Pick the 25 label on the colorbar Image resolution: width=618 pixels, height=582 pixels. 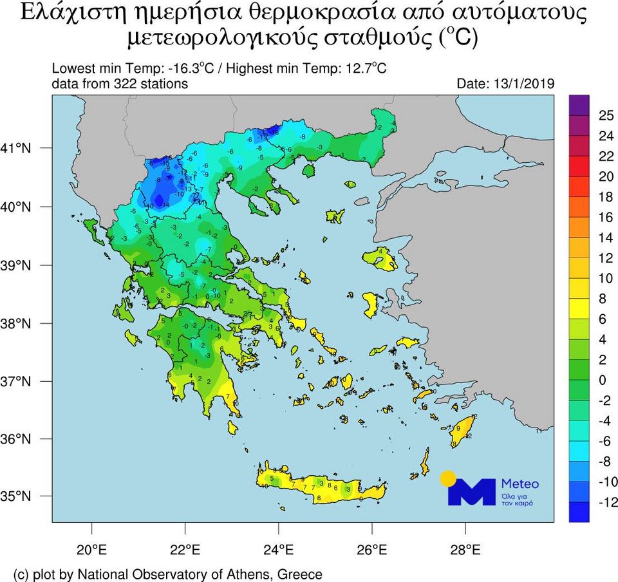pyautogui.click(x=605, y=116)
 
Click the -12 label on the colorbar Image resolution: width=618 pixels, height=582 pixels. pyautogui.click(x=606, y=502)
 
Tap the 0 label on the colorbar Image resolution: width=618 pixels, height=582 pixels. pyautogui.click(x=603, y=380)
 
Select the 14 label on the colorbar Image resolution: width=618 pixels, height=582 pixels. pyautogui.click(x=605, y=238)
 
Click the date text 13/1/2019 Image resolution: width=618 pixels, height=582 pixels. pyautogui.click(x=523, y=84)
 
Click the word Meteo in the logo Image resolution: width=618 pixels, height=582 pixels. pyautogui.click(x=520, y=483)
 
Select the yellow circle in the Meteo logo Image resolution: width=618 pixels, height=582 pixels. pyautogui.click(x=448, y=478)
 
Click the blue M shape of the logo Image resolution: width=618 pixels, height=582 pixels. pyautogui.click(x=473, y=493)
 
